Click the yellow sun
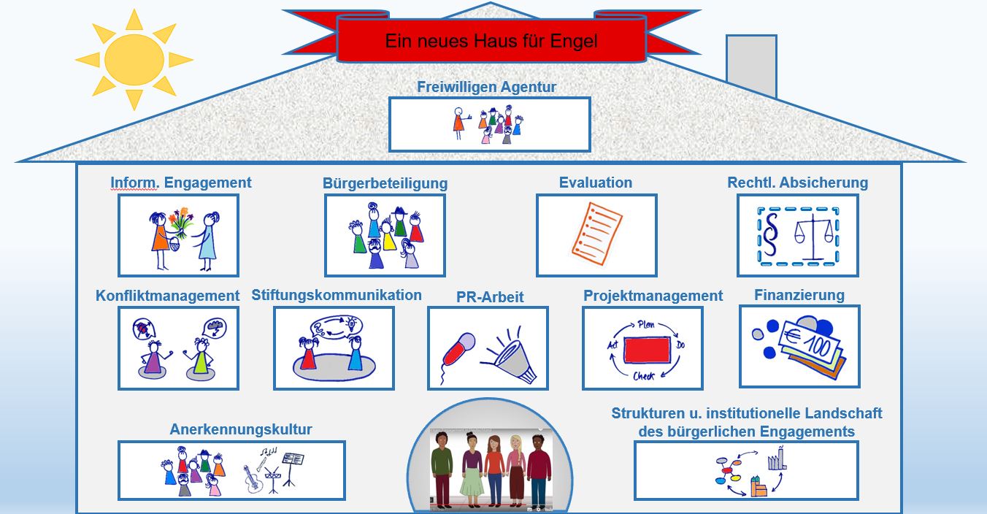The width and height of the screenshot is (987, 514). (x=134, y=60)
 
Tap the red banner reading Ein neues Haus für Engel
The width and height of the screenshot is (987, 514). (x=491, y=41)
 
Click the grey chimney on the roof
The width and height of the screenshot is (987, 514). (x=751, y=65)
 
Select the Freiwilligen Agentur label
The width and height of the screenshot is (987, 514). (x=487, y=87)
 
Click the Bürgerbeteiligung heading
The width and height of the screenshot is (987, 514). (x=385, y=183)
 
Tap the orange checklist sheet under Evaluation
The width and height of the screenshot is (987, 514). (x=596, y=235)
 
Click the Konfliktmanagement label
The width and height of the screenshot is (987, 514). (x=167, y=296)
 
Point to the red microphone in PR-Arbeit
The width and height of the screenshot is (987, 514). (x=458, y=350)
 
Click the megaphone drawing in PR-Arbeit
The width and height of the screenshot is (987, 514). (x=513, y=356)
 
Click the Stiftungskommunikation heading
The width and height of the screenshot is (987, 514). (x=337, y=295)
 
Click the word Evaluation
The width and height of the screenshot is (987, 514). (x=596, y=183)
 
